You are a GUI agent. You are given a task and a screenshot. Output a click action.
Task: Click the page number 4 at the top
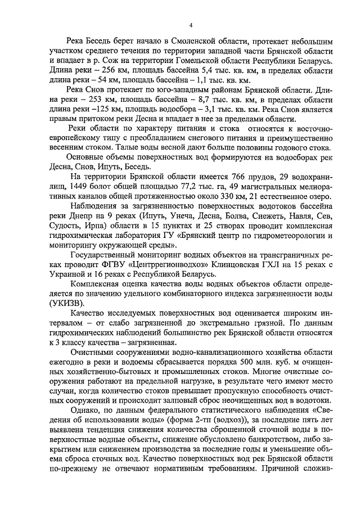[191, 25]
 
